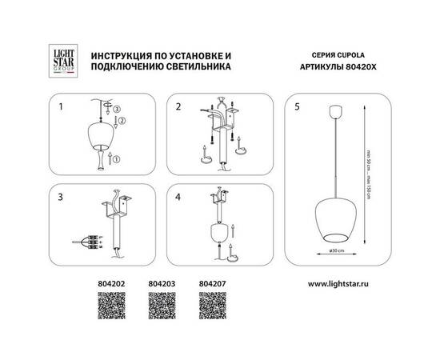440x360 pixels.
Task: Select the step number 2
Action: pos(179,105)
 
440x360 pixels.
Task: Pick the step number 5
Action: pos(298,105)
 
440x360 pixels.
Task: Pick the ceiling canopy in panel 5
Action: pos(335,110)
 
